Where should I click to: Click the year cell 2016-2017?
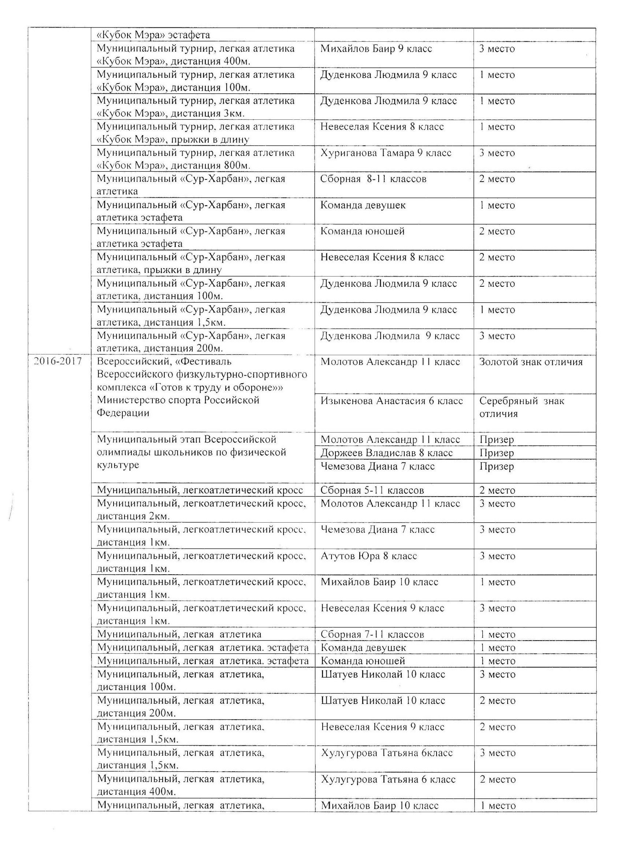coord(58,361)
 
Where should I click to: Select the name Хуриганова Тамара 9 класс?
coord(386,153)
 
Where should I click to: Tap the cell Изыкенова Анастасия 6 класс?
coord(392,401)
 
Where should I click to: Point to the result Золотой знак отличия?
coord(530,362)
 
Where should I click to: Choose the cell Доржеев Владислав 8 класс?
coord(386,453)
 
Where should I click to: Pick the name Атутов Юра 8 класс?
coord(368,556)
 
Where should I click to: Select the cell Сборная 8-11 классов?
coord(373,179)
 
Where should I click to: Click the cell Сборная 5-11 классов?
coord(372,490)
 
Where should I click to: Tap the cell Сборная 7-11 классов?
coord(372,634)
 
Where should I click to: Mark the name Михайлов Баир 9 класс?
coord(376,49)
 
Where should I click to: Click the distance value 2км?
coord(157,516)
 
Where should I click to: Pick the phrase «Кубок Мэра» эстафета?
coord(153,35)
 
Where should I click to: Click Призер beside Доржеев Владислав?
coord(496,453)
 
